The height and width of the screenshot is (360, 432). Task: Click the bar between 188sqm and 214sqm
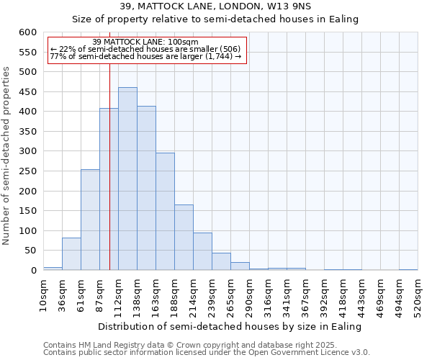coord(184,238)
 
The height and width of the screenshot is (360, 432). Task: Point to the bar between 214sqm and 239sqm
coord(202,251)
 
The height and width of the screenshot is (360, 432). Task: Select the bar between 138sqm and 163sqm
coord(146,188)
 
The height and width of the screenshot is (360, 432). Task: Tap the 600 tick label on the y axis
coord(27,32)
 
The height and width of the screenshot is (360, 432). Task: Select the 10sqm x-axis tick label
coord(43,295)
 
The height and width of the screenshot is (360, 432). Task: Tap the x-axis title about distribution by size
coord(229,326)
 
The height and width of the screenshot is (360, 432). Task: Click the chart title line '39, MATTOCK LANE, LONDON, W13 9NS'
coord(215,6)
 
